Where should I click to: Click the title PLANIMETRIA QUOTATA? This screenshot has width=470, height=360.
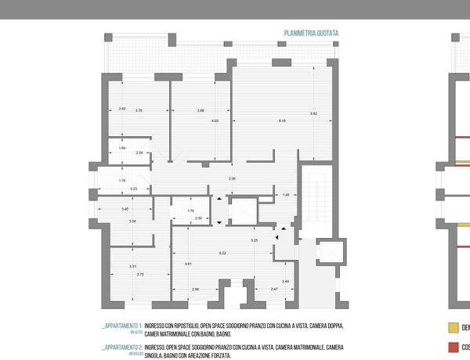coord(311,34)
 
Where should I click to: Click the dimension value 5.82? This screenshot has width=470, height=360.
coord(313,114)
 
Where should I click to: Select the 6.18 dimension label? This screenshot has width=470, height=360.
coord(282,121)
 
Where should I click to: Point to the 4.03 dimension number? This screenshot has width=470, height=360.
coord(215,121)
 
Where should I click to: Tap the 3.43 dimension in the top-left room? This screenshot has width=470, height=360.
coord(122,108)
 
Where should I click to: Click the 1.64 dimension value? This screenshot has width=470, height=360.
coord(122,148)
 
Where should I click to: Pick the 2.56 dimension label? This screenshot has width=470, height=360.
coord(139,153)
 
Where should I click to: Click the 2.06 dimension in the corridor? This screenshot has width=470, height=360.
coord(232,180)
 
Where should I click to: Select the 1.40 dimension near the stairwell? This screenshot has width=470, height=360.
coord(286,195)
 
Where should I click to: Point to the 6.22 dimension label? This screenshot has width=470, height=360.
coord(222,253)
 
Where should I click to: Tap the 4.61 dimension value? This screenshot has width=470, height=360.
coord(189,265)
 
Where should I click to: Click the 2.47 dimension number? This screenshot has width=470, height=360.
coord(274,290)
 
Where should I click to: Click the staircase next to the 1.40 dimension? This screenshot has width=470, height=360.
coord(318,192)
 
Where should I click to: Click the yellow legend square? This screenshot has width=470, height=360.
coord(452,328)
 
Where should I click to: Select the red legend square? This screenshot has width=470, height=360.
coord(452,347)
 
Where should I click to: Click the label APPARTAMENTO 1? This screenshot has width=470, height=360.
coord(121,325)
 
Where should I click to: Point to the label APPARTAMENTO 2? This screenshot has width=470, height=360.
coord(121,346)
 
